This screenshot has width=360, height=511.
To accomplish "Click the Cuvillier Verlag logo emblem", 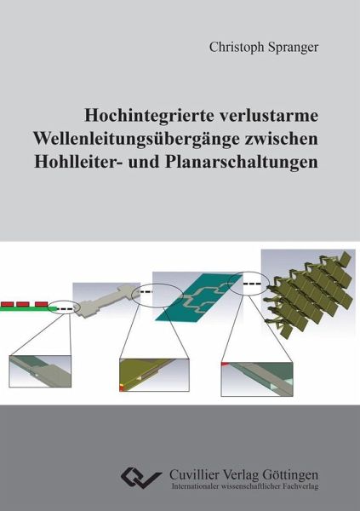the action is (x=141, y=478).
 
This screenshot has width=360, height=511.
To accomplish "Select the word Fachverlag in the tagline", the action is (x=298, y=486).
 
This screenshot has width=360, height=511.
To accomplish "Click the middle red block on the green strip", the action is (x=23, y=304).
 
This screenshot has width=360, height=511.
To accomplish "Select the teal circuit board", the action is (x=198, y=297).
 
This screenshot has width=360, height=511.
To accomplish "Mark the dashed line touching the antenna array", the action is (x=252, y=284).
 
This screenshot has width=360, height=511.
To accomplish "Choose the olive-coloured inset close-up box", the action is (x=154, y=375).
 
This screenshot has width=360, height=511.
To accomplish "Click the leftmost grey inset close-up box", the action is (x=40, y=371).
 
